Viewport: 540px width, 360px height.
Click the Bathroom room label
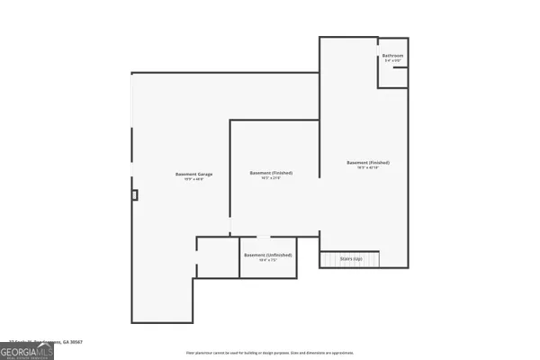click(x=392, y=56)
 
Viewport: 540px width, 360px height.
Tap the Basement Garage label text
click(x=189, y=174)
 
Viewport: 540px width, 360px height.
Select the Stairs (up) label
click(x=351, y=258)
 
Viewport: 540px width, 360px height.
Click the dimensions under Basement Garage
click(x=189, y=180)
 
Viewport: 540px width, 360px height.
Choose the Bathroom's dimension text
click(x=392, y=61)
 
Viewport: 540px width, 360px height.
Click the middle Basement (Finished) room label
click(x=271, y=173)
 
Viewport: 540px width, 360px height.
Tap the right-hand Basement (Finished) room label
click(x=368, y=162)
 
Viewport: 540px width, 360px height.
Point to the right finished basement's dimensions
click(x=368, y=168)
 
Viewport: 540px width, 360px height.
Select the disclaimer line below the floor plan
click(x=270, y=352)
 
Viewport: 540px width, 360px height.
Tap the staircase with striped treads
click(x=351, y=259)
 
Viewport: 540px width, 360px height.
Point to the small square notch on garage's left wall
click(x=135, y=193)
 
